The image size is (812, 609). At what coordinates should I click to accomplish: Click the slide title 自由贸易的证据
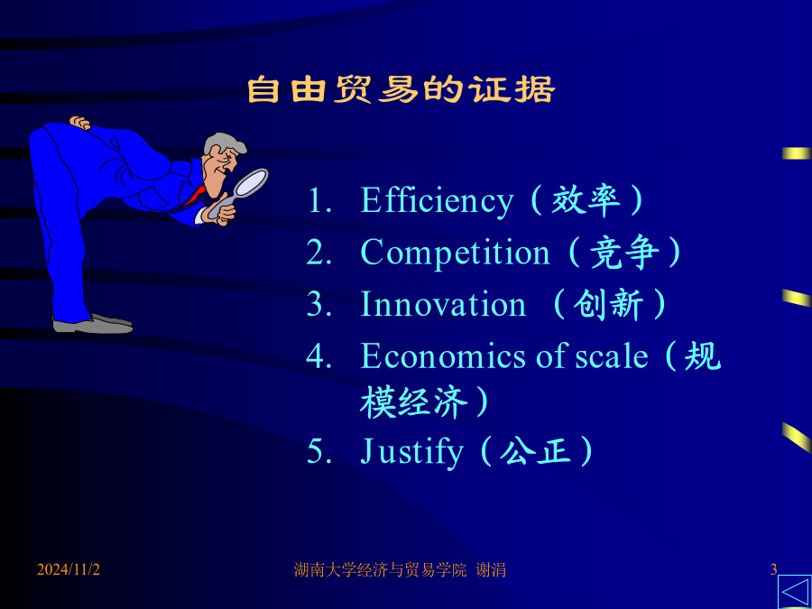coord(401,90)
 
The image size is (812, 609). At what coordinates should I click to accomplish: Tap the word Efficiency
coord(437,201)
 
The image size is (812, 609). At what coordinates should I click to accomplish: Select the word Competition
coord(455,253)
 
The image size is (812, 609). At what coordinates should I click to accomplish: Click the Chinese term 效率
coord(586,200)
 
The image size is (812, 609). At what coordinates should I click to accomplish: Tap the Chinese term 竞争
coord(625,253)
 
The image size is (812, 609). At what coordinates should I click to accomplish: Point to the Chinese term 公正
coord(535,451)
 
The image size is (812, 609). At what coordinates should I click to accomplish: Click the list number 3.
coord(316,304)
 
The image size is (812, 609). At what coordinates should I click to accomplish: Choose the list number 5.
coord(316,451)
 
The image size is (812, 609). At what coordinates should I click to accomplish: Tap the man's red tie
coord(195,197)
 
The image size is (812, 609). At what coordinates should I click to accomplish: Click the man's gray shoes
coord(93,324)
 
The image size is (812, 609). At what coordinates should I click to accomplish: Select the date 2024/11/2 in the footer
coord(68,570)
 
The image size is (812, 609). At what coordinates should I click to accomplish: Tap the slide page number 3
coord(774,570)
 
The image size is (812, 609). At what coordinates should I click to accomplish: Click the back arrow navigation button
coord(795,593)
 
